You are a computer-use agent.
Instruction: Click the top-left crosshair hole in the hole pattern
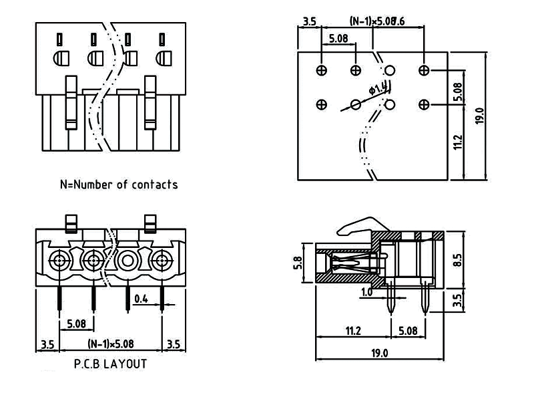pyautogui.click(x=322, y=70)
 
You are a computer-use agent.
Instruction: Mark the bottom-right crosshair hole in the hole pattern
pyautogui.click(x=423, y=104)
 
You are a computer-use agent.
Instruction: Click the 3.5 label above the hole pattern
pyautogui.click(x=309, y=21)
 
